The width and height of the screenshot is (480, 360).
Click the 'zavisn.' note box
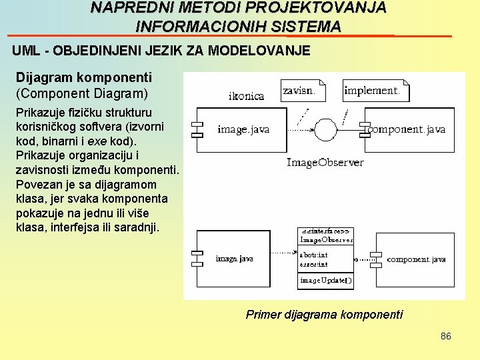(303, 91)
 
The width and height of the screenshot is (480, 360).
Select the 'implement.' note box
(375, 91)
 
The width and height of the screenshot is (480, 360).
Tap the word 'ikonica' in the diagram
(246, 96)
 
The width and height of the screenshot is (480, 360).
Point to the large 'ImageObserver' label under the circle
(325, 162)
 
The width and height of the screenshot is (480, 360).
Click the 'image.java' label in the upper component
(243, 129)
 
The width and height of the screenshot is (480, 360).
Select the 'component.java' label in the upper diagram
(407, 129)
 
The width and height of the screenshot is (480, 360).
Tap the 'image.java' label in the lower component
(234, 258)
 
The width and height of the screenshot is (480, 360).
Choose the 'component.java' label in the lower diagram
(416, 259)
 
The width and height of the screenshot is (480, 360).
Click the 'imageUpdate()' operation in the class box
(325, 281)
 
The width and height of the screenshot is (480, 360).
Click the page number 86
(445, 336)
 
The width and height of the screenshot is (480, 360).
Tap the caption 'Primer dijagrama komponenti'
(324, 314)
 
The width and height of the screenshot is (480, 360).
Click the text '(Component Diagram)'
(82, 93)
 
